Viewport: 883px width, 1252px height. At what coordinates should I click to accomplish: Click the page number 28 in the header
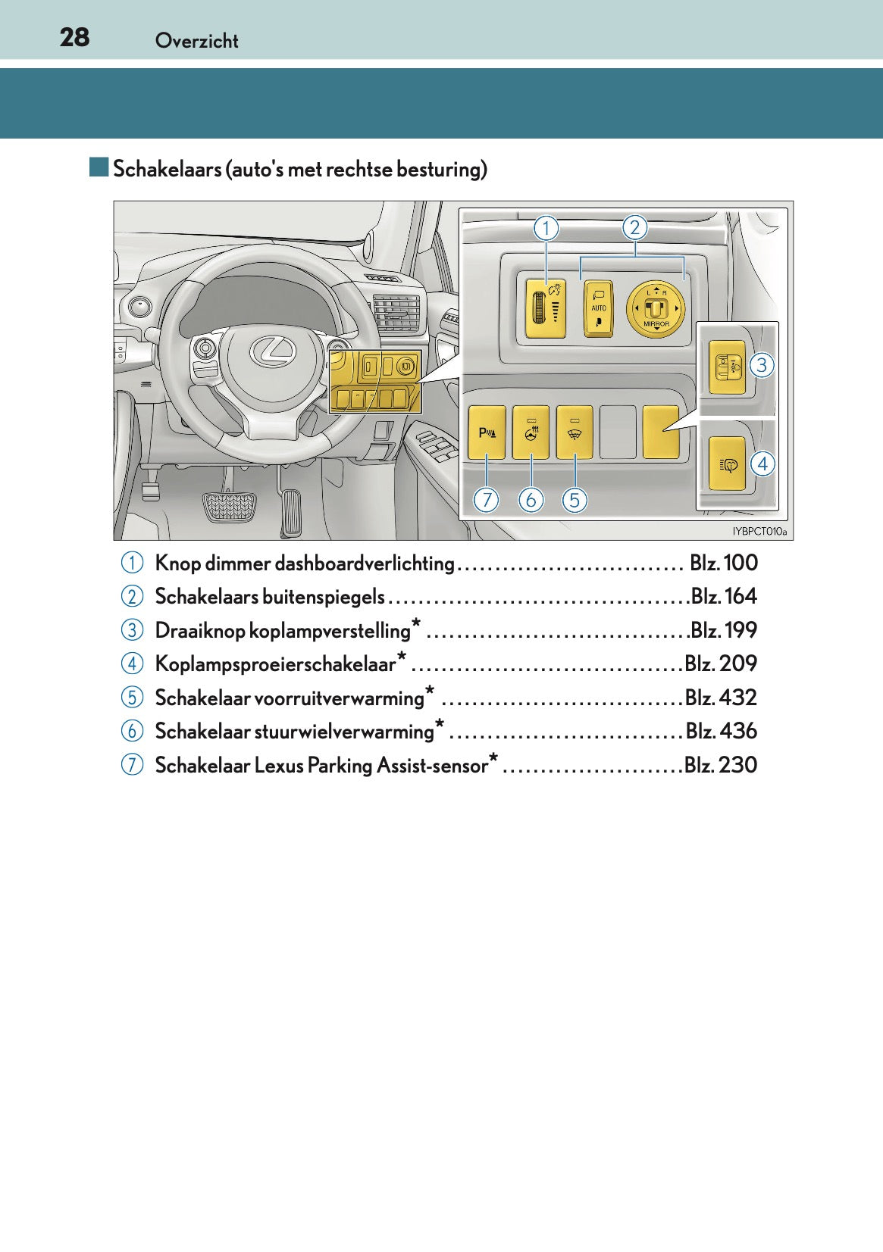pyautogui.click(x=74, y=37)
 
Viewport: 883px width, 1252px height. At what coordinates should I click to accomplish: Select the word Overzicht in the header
pyautogui.click(x=196, y=41)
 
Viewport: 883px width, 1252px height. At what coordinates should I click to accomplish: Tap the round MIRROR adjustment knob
pyautogui.click(x=656, y=308)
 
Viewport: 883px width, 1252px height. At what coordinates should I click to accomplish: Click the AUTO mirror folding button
pyautogui.click(x=598, y=308)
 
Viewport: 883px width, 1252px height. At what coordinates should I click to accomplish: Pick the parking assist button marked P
pyautogui.click(x=487, y=432)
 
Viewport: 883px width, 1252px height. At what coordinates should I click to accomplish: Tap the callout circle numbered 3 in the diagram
pyautogui.click(x=761, y=365)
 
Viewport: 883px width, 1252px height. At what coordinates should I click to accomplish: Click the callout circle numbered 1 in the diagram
pyautogui.click(x=546, y=227)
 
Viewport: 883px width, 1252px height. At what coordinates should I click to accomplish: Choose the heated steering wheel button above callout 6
pyautogui.click(x=531, y=432)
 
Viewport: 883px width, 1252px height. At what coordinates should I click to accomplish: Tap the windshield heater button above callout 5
pyautogui.click(x=575, y=432)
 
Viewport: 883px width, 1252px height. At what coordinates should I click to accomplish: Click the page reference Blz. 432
pyautogui.click(x=721, y=698)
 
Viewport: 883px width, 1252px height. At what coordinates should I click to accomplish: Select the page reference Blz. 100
pyautogui.click(x=724, y=563)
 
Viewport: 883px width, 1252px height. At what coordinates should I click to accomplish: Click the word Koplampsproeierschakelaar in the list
pyautogui.click(x=276, y=664)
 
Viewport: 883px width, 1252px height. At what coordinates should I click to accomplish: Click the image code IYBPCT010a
pyautogui.click(x=759, y=532)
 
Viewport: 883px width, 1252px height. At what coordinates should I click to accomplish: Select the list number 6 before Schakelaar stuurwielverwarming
pyautogui.click(x=131, y=732)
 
